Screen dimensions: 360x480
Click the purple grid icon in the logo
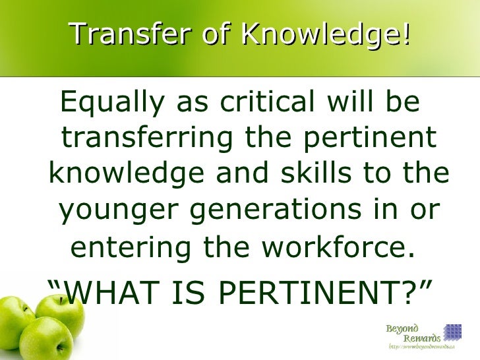pos(452,332)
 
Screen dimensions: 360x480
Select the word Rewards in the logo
pos(421,339)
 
